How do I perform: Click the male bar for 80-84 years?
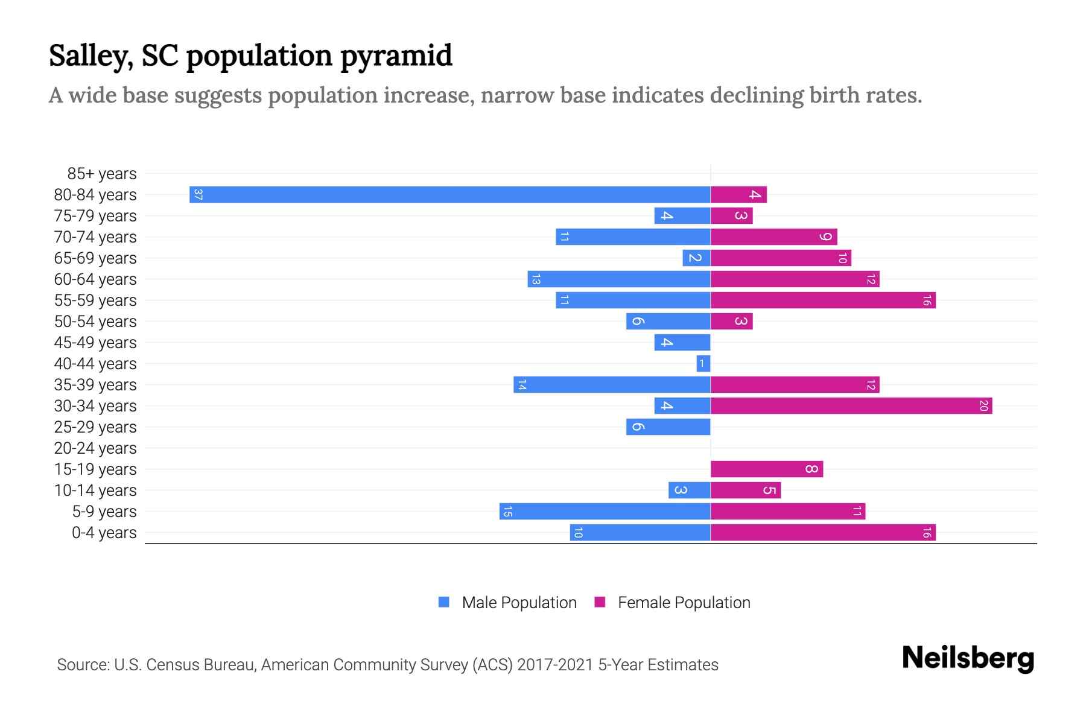[x=449, y=194]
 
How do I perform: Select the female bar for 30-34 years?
[x=851, y=405]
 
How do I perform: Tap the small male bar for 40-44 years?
[x=703, y=363]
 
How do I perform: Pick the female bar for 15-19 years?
[x=766, y=469]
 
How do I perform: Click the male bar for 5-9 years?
[x=605, y=511]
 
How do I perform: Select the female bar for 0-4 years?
[x=823, y=532]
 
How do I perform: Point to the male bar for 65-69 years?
[x=696, y=258]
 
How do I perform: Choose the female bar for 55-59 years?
[x=823, y=300]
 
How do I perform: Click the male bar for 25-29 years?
[x=668, y=427]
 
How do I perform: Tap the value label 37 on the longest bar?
[x=198, y=194]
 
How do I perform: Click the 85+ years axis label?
[x=101, y=174]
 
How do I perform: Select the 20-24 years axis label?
[x=95, y=448]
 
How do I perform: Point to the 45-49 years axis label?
[x=95, y=343]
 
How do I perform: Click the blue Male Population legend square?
[x=444, y=602]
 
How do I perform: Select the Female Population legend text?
[x=684, y=602]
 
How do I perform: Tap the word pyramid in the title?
[x=396, y=56]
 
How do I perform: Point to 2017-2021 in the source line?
[x=554, y=665]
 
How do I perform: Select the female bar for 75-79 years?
[x=731, y=215]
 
